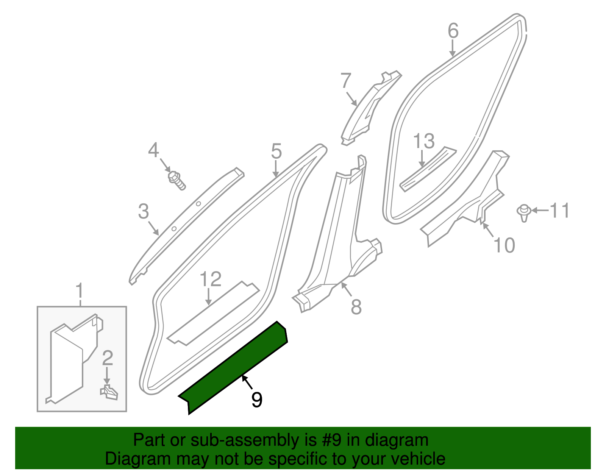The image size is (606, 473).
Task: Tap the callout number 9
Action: tap(257, 400)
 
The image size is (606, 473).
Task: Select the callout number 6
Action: tap(453, 31)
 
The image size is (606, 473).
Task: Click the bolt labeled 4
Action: tap(176, 180)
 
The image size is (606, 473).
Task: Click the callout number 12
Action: tap(210, 279)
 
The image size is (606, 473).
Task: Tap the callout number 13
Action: tap(424, 141)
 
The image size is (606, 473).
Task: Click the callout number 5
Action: tap(276, 151)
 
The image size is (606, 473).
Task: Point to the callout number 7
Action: tap(346, 81)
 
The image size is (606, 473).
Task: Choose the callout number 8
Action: tap(356, 307)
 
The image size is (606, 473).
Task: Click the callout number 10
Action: tap(504, 245)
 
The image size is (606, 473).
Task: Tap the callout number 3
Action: tap(144, 211)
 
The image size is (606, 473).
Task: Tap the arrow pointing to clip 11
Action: tap(540, 210)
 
